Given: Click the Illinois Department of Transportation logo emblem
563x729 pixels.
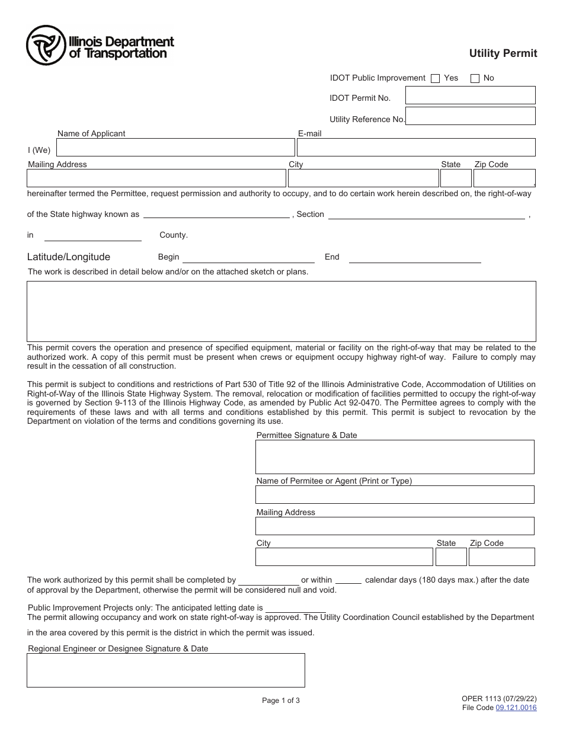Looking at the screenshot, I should click(46, 46).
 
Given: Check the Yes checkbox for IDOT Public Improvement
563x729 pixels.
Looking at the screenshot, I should click(435, 78).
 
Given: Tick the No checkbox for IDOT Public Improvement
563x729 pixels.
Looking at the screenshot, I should click(475, 78).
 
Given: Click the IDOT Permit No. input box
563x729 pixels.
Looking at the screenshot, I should click(470, 95).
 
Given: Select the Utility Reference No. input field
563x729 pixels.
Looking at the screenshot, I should click(470, 116).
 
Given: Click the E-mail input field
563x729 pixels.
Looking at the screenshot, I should click(416, 148).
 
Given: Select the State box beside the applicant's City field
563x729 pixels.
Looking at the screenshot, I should click(455, 178).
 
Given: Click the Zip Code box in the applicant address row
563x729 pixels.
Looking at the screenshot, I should click(504, 178).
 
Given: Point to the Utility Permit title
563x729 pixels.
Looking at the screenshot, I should click(503, 53).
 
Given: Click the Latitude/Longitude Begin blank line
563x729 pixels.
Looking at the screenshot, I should click(249, 258).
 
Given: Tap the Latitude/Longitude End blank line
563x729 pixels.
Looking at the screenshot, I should click(415, 258).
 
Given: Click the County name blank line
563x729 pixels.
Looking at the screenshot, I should click(93, 236).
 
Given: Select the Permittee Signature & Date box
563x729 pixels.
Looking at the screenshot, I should click(395, 457).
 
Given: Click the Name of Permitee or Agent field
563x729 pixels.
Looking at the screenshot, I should click(395, 495).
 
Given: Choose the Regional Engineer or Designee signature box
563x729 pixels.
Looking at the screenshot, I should click(166, 670).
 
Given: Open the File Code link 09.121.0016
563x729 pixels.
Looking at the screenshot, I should click(516, 708).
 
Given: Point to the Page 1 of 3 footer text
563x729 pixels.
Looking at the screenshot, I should click(281, 701).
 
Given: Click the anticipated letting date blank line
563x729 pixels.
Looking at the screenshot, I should click(295, 608).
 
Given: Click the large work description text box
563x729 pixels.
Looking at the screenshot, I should click(281, 311).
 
